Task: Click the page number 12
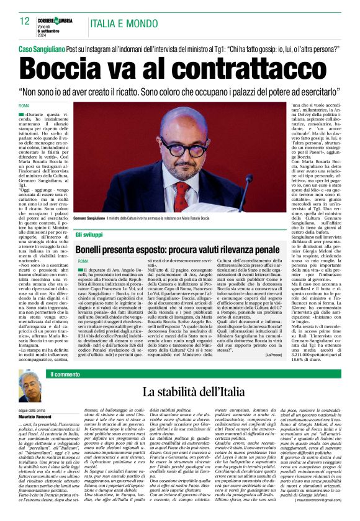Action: point(25,21)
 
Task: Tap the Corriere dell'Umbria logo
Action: point(58,16)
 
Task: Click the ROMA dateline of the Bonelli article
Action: point(83,261)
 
